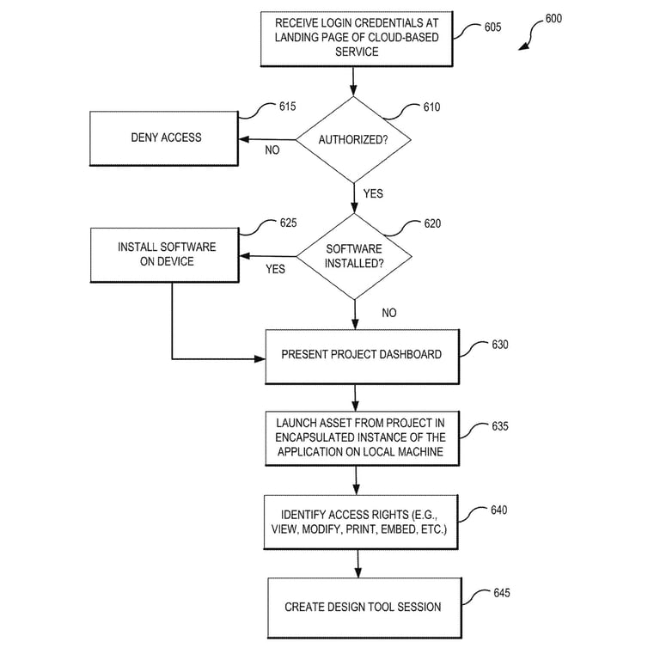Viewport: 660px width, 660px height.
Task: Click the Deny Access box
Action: [166, 137]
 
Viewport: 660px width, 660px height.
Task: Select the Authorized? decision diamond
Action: [353, 140]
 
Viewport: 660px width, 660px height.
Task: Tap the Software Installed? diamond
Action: [353, 256]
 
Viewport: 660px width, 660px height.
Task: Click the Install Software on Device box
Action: [166, 255]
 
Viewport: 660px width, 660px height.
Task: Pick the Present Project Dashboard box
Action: [362, 354]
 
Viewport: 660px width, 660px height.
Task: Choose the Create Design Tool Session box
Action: [363, 607]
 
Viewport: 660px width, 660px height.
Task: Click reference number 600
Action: [553, 18]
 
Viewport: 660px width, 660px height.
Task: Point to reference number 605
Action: [492, 27]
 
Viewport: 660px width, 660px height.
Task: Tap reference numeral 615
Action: [287, 107]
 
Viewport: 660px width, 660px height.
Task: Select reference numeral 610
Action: [431, 107]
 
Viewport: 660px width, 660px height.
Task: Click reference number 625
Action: [288, 223]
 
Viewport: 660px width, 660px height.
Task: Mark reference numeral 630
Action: [499, 345]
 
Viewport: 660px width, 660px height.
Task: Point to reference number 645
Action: [502, 593]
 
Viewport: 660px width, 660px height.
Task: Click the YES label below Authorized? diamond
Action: [373, 194]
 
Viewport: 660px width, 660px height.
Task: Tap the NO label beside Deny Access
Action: [272, 150]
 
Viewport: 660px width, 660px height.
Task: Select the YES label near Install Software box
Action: [275, 269]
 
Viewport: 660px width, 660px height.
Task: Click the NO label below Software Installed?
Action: [388, 313]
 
